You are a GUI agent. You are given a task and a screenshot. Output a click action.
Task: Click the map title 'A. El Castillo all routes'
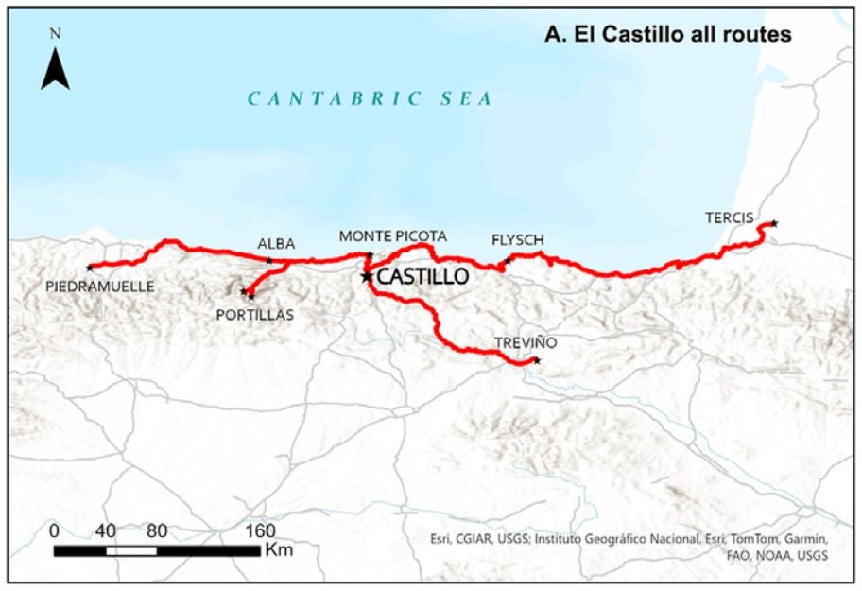pyautogui.click(x=667, y=35)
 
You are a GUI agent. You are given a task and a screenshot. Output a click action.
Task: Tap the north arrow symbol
pyautogui.click(x=56, y=67)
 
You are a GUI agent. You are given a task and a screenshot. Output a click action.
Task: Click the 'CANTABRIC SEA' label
pyautogui.click(x=370, y=98)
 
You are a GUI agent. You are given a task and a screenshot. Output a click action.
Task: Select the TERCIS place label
pyautogui.click(x=729, y=218)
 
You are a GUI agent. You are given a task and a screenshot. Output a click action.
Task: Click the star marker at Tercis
pyautogui.click(x=774, y=223)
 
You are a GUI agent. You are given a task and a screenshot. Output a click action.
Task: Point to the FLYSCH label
pyautogui.click(x=518, y=239)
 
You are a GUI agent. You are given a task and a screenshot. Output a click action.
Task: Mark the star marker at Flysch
pyautogui.click(x=508, y=260)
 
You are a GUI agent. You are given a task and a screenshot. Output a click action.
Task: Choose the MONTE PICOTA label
pyautogui.click(x=392, y=235)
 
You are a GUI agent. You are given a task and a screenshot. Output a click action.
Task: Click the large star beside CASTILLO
pyautogui.click(x=366, y=276)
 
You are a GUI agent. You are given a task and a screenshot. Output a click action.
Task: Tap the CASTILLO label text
pyautogui.click(x=422, y=277)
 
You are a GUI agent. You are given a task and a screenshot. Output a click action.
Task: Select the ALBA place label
pyautogui.click(x=277, y=245)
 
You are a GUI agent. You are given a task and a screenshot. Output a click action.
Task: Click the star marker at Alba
pyautogui.click(x=269, y=261)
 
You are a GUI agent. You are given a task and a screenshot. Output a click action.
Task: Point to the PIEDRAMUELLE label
pyautogui.click(x=99, y=285)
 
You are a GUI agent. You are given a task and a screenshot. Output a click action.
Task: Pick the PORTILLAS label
pyautogui.click(x=254, y=314)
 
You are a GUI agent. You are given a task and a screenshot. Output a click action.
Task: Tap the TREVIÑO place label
pyautogui.click(x=526, y=342)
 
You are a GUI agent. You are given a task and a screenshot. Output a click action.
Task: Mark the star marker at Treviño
pyautogui.click(x=537, y=360)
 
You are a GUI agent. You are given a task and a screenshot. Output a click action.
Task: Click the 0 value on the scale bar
pyautogui.click(x=55, y=530)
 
